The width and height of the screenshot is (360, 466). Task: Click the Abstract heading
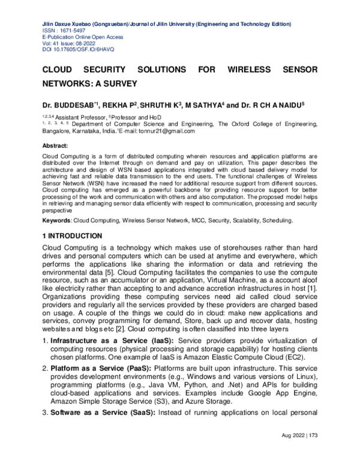tap(55, 145)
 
